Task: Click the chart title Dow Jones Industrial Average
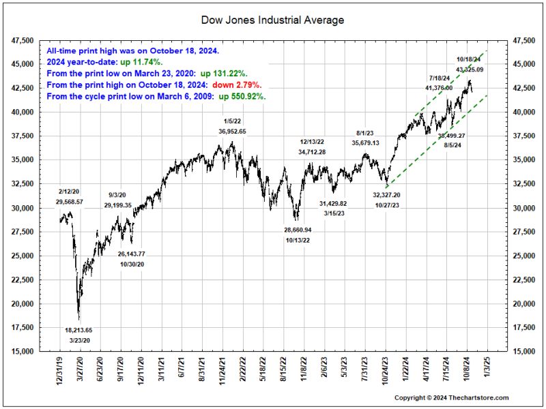coord(273,20)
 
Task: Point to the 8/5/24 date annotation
coord(450,145)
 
